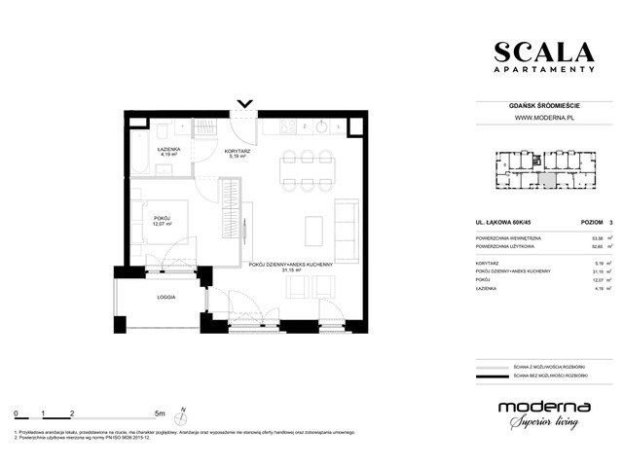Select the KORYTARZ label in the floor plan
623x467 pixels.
coord(239,151)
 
